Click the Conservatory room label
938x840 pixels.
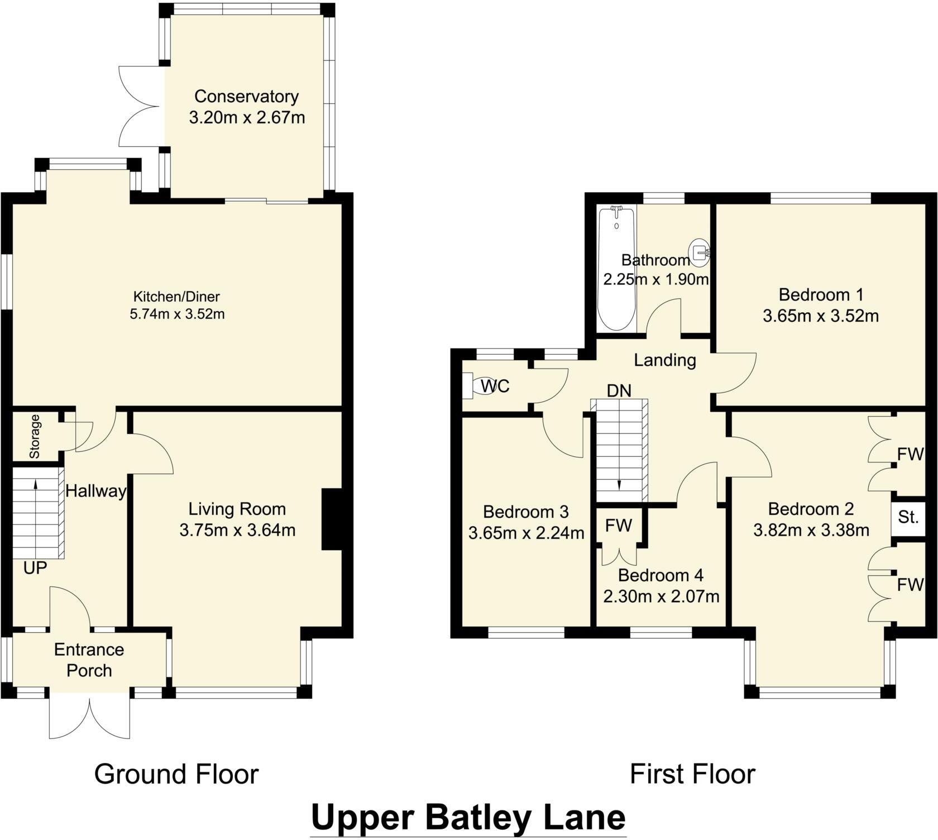tap(246, 96)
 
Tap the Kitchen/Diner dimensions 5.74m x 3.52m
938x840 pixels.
tap(177, 314)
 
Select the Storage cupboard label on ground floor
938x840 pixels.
tap(35, 436)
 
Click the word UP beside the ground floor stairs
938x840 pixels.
tap(35, 568)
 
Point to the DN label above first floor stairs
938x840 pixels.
tap(619, 391)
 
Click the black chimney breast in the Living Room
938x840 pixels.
tap(332, 520)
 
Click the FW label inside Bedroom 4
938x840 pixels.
tap(619, 526)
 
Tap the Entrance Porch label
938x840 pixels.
tap(89, 660)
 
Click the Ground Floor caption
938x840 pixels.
tap(176, 774)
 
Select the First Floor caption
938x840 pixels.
tap(692, 774)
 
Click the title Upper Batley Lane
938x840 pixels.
tap(468, 818)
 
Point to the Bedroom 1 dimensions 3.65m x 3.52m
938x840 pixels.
tap(821, 316)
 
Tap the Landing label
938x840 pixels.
tap(664, 360)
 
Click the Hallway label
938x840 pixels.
tap(95, 491)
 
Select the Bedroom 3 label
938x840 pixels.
tap(525, 512)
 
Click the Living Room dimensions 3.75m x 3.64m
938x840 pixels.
tap(237, 530)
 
